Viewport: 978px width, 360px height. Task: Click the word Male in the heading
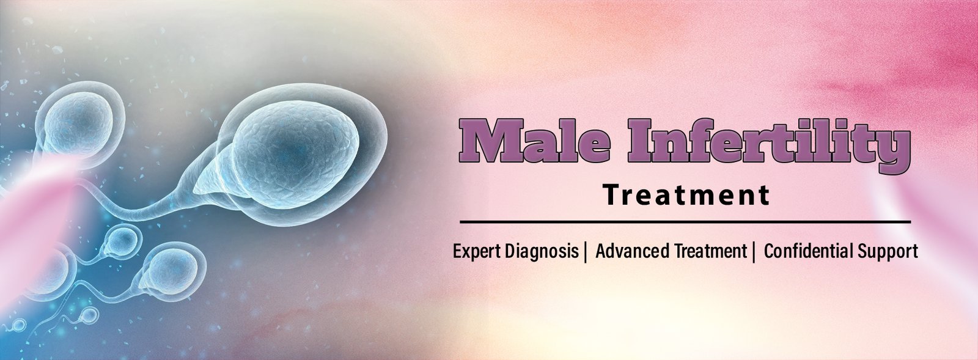click(x=534, y=141)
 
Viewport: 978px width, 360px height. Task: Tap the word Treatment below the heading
click(x=686, y=195)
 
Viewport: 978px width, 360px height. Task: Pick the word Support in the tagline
click(x=888, y=252)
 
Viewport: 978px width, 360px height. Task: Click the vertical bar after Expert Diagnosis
click(x=586, y=252)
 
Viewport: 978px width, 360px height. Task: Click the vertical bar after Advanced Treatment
click(x=754, y=252)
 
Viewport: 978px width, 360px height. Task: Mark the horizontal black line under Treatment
click(x=685, y=222)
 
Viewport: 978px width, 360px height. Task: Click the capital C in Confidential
click(x=770, y=251)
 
